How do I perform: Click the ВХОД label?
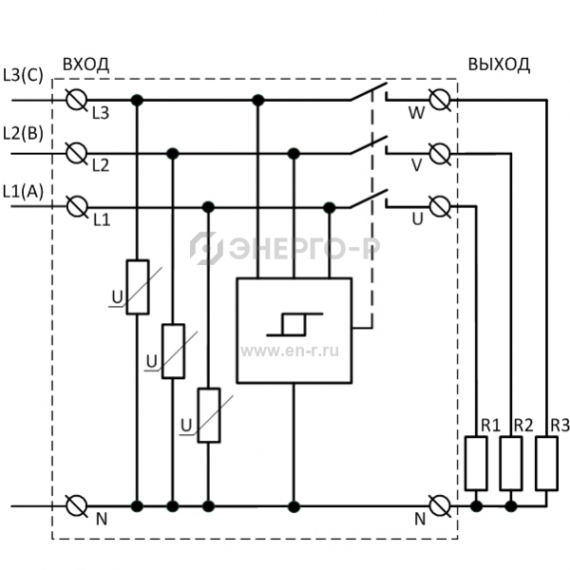pos(85,65)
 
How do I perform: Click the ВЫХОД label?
pos(499,65)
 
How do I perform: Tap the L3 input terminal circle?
pos(77,99)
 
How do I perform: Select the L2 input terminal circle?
pos(77,153)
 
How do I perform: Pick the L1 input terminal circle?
pos(78,207)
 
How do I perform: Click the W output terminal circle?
pos(440,99)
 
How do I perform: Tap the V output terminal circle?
pos(440,153)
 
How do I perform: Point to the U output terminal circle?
pos(440,206)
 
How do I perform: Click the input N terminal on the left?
pos(77,505)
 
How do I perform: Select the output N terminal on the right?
pos(440,505)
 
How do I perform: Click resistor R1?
pos(476,464)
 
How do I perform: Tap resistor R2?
pos(511,464)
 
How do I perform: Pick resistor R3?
pos(547,464)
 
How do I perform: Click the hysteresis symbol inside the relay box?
pos(294,324)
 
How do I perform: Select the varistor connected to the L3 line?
pos(138,287)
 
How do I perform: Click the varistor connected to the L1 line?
pos(209,415)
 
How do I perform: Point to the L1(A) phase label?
pos(23,192)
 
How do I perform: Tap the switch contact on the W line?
pos(369,91)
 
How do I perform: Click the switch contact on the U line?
pos(369,199)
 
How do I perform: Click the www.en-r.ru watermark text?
pos(290,351)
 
